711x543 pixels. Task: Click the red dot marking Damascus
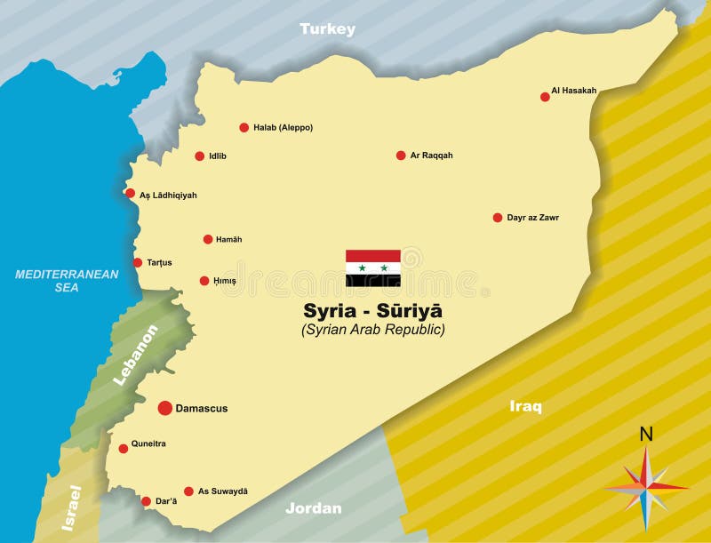[165, 408]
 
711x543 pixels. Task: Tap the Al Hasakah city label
[574, 91]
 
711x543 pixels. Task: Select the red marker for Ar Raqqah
[401, 156]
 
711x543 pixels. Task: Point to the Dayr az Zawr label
[533, 218]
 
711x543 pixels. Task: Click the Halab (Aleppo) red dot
[244, 127]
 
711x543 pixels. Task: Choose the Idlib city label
[218, 156]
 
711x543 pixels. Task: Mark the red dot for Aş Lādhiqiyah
[131, 194]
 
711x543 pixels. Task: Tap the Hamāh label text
[229, 240]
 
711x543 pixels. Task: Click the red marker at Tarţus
[138, 262]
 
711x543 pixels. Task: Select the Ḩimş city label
[226, 281]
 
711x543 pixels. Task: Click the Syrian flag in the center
[373, 268]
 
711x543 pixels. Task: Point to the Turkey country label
[327, 29]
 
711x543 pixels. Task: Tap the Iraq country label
[525, 406]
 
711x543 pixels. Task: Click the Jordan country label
[314, 509]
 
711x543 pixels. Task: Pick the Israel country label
[71, 508]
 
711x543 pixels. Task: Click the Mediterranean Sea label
[67, 281]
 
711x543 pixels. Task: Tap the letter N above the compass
[646, 435]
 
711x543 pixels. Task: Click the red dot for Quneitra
[124, 449]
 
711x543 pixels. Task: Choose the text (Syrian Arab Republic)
[373, 330]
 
